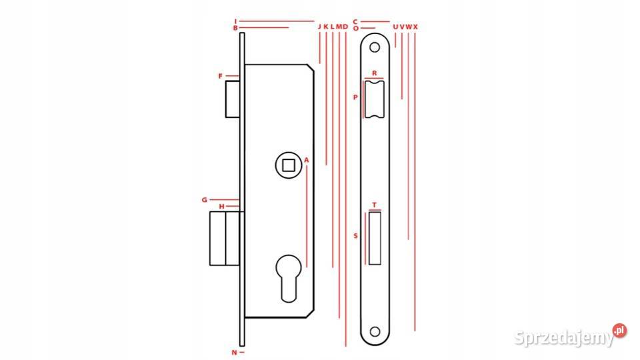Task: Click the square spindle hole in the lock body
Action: pyautogui.click(x=289, y=165)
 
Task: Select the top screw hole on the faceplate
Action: pyautogui.click(x=374, y=47)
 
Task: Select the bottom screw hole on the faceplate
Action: pyautogui.click(x=374, y=332)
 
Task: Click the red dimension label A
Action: pyautogui.click(x=307, y=161)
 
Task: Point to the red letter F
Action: pyautogui.click(x=221, y=76)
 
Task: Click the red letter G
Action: pyautogui.click(x=205, y=200)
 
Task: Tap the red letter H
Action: pyautogui.click(x=221, y=207)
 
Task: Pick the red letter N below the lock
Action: pyautogui.click(x=234, y=352)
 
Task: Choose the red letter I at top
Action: pyautogui.click(x=235, y=21)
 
